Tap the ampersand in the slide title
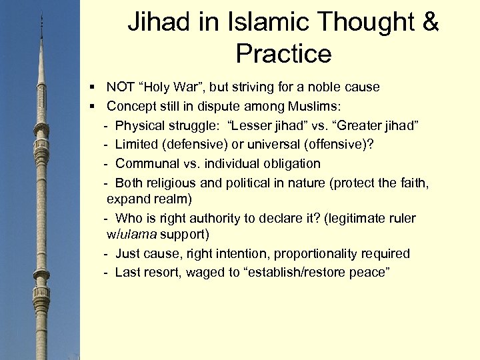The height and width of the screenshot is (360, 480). coord(428,23)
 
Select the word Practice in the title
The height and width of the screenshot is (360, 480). coord(283,54)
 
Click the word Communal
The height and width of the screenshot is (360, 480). coord(145,163)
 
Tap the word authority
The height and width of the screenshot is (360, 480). coord(204,218)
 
